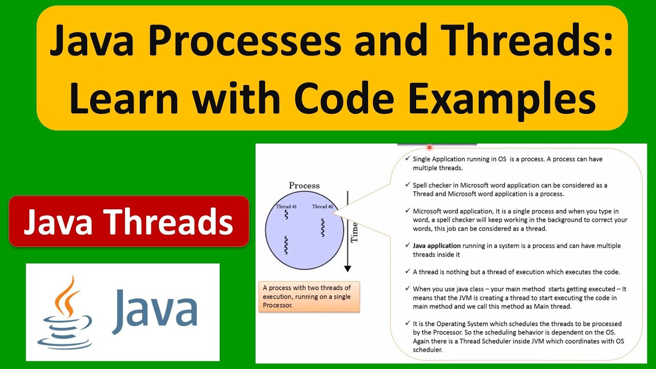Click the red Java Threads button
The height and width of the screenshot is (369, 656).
[129, 221]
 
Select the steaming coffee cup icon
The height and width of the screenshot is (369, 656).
[66, 312]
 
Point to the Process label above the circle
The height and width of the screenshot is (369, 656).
[304, 186]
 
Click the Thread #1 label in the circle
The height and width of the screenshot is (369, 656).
[286, 207]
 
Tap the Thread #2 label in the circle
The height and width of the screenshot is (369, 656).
[323, 207]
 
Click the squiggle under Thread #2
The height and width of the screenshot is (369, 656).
[323, 228]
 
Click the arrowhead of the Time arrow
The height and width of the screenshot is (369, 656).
[347, 268]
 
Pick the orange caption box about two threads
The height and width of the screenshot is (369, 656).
[309, 296]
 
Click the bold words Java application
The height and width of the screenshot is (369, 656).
[437, 246]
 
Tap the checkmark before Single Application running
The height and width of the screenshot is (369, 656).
[407, 159]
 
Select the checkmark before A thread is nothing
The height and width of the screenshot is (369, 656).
[407, 272]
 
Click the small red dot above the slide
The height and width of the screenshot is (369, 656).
[429, 147]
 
